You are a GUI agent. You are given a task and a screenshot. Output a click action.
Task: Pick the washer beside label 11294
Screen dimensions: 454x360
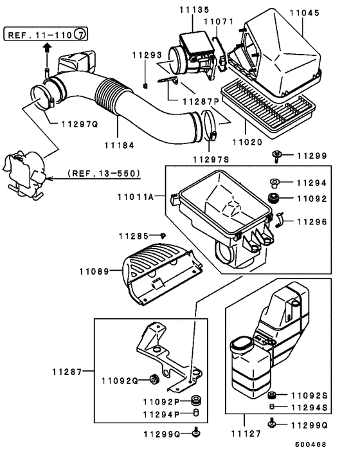273,183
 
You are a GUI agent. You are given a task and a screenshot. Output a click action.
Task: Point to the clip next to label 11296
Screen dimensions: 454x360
280,221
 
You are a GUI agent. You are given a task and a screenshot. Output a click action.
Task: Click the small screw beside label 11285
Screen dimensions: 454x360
163,235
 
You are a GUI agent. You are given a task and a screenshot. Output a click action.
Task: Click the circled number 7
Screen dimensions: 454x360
79,33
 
